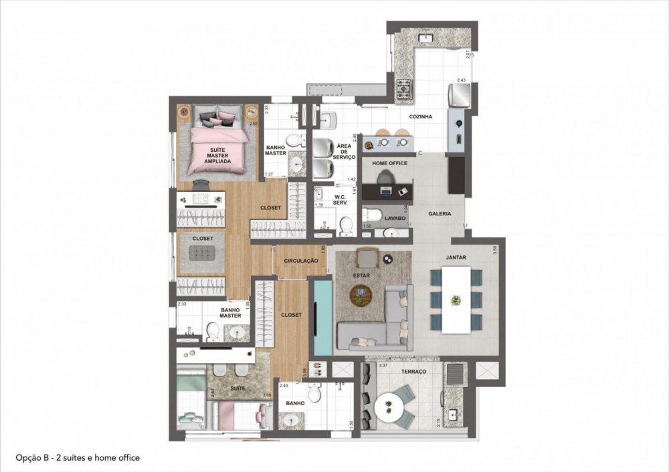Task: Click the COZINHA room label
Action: pyautogui.click(x=421, y=117)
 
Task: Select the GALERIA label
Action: pyautogui.click(x=440, y=214)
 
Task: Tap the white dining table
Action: pyautogui.click(x=456, y=300)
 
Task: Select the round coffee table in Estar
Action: pyautogui.click(x=361, y=292)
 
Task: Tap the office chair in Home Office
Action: pyautogui.click(x=386, y=177)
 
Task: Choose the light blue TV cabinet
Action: pyautogui.click(x=322, y=318)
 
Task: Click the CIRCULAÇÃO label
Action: pyautogui.click(x=300, y=261)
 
